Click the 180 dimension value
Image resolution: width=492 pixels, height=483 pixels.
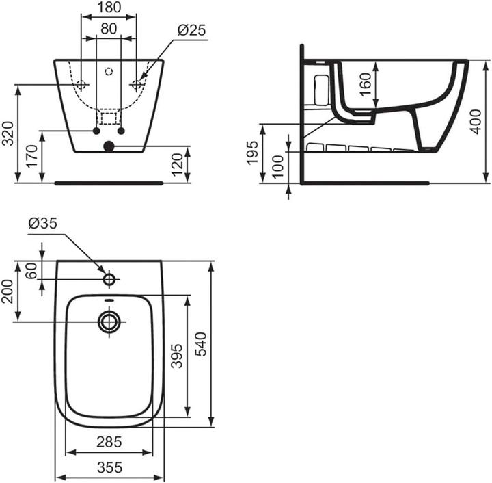[109, 8]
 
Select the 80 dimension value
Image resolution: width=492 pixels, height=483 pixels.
[109, 29]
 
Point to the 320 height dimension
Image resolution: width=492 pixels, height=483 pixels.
[8, 133]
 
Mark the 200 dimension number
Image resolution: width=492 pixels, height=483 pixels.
[8, 291]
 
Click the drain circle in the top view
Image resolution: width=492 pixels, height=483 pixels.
[109, 322]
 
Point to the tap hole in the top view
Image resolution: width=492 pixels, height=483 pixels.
[109, 279]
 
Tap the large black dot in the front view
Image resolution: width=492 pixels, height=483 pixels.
[109, 145]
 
